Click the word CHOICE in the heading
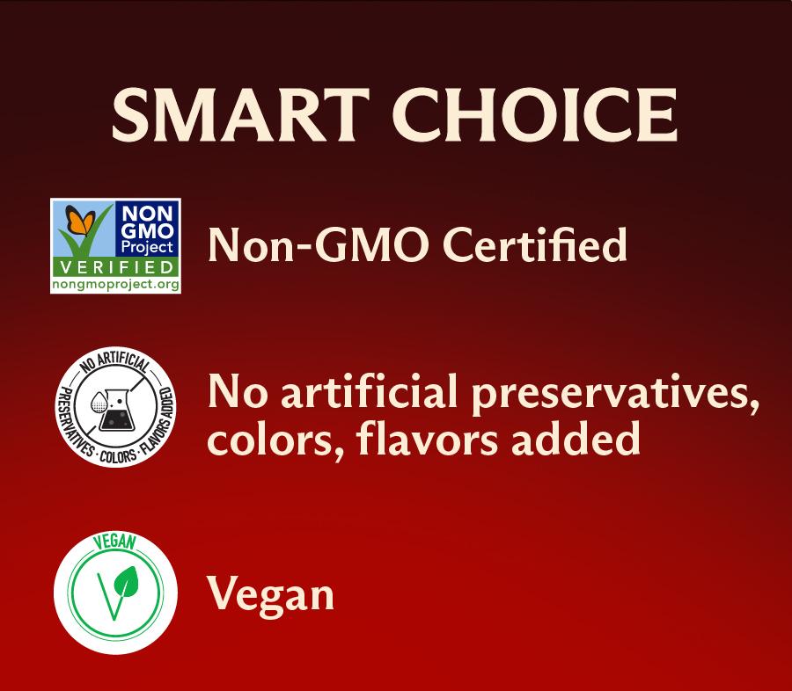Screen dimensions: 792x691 tap(535, 115)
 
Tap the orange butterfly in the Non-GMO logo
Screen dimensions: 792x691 tap(80, 220)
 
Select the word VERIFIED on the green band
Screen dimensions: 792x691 tap(116, 267)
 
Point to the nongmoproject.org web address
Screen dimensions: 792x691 tap(115, 284)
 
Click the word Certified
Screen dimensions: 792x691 tap(534, 244)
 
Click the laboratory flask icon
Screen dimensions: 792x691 tap(115, 410)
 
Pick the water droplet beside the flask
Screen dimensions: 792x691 tap(98, 403)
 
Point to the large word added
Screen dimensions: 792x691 tap(576, 438)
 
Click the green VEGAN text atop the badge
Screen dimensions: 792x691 tap(115, 542)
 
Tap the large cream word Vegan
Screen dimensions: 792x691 tap(271, 596)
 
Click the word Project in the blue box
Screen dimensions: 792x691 tap(147, 247)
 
